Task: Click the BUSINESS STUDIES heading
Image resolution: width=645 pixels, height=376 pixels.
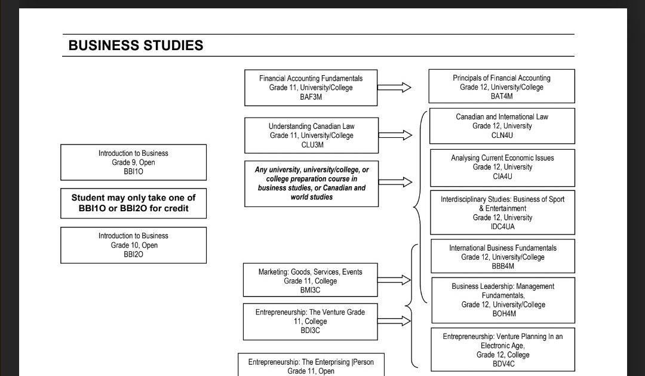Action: click(136, 45)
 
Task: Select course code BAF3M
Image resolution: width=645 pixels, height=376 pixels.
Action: click(311, 97)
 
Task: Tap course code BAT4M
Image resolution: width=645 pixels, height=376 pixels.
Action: click(502, 97)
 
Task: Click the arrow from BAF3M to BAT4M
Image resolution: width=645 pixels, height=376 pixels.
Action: click(394, 88)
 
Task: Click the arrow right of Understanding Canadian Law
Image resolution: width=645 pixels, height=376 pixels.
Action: click(395, 135)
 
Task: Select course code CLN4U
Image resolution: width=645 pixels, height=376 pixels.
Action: click(502, 135)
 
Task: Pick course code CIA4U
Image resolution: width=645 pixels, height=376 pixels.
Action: click(502, 177)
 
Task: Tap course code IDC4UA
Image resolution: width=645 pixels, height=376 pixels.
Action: click(502, 227)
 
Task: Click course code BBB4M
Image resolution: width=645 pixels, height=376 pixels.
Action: click(502, 266)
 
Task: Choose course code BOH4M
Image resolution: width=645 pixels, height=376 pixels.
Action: click(503, 314)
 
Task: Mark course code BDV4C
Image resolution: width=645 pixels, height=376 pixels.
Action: click(503, 364)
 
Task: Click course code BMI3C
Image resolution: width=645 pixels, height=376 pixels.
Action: click(310, 291)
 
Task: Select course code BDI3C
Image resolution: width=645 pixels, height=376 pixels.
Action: click(310, 331)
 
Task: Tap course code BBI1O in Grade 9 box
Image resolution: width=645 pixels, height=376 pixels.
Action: click(133, 172)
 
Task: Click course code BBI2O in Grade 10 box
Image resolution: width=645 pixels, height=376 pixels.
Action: click(133, 254)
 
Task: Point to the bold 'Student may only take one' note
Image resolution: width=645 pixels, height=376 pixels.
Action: click(133, 203)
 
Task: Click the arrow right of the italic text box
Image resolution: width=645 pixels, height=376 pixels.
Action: click(395, 181)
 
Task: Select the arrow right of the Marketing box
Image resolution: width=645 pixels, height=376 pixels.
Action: click(394, 280)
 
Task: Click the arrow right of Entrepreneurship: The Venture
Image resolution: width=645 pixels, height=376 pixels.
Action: click(394, 321)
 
